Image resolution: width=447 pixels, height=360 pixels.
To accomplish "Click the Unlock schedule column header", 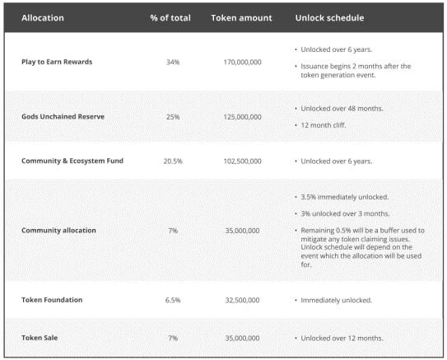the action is coord(329,16).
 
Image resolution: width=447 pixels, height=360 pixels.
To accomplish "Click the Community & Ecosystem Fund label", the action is coord(72,161).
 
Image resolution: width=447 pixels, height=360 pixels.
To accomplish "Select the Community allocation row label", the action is coord(58,230).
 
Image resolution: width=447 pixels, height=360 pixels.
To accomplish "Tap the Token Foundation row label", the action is coord(52,300).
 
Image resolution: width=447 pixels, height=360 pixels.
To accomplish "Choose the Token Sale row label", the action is coord(40,338).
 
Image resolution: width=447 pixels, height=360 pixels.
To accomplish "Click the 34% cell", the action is coord(172,62).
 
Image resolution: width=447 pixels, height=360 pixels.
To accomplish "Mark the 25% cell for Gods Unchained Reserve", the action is coord(172,116).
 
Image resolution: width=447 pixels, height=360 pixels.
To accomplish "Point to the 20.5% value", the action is coord(172,161).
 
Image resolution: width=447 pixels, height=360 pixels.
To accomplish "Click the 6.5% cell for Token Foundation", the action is coord(172,300).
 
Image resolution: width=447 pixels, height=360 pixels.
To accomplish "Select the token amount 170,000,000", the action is coord(242,62).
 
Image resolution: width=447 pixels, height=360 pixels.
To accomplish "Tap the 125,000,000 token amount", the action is coord(242,116).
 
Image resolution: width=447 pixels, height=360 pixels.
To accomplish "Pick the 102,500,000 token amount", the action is coord(242,161).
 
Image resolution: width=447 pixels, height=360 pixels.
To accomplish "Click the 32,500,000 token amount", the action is coord(242,300).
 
